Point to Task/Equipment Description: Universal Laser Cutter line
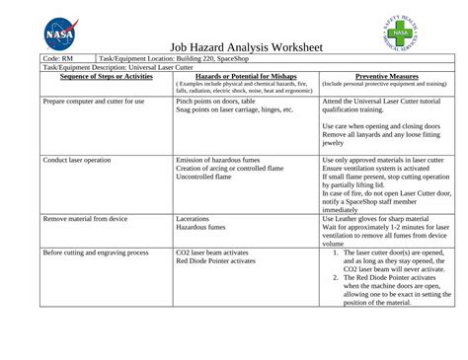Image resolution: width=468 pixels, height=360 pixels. point(102,67)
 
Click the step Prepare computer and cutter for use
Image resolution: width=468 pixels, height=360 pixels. point(94,102)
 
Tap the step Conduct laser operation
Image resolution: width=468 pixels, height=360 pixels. point(76,160)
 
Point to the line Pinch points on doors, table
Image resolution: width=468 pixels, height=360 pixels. point(215,102)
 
